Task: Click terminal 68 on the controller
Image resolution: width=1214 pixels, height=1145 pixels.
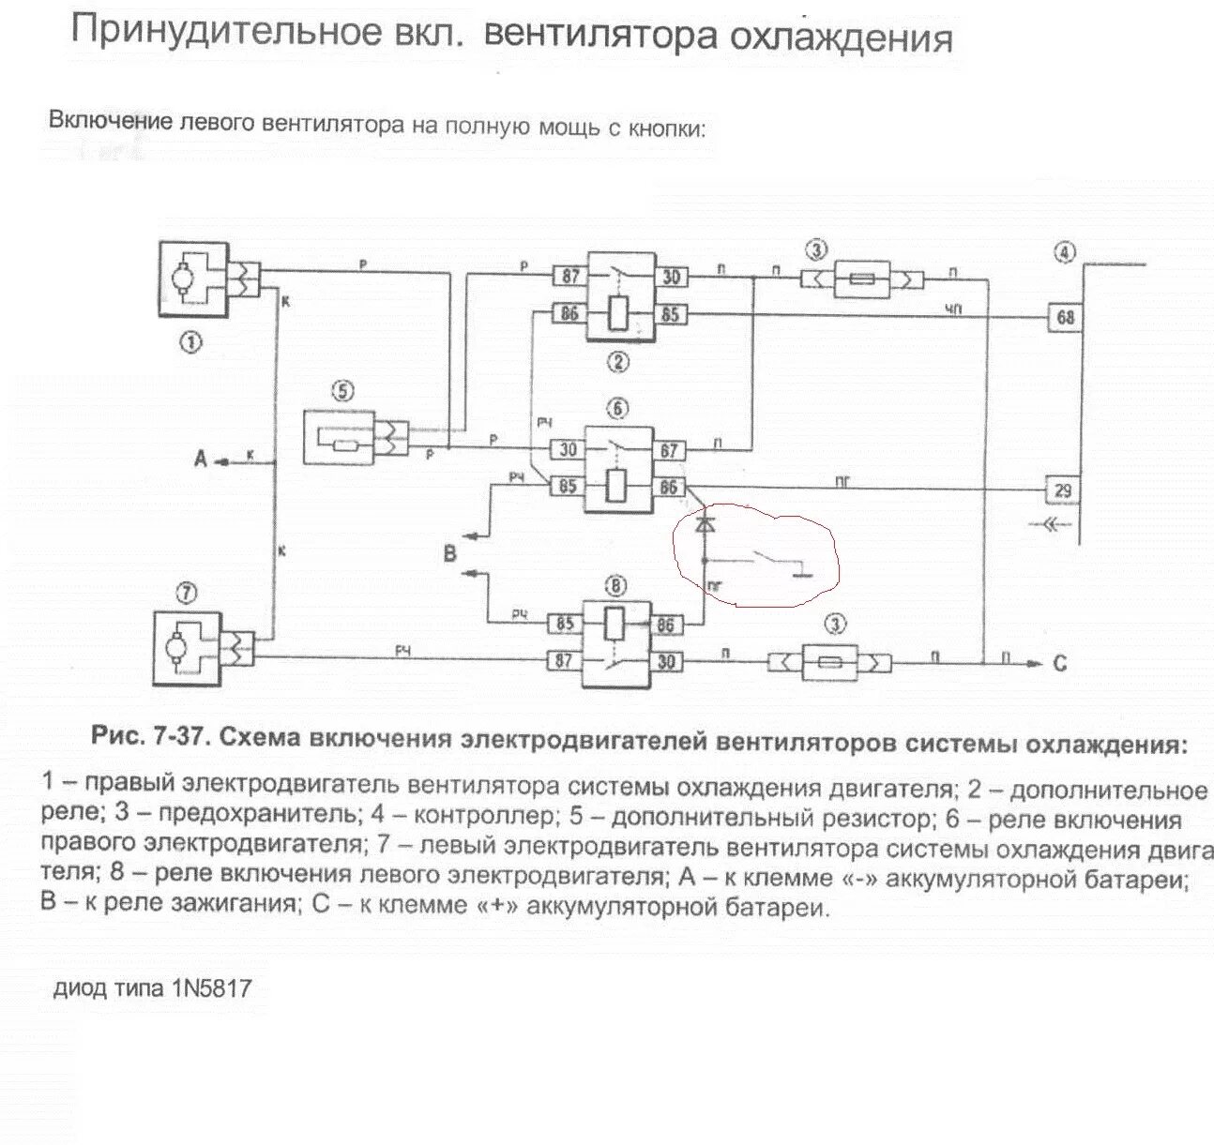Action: click(1065, 317)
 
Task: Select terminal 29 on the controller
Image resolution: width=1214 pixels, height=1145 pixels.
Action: click(1064, 490)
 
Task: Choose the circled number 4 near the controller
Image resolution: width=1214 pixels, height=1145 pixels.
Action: click(1064, 250)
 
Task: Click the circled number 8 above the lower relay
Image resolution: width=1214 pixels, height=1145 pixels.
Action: click(615, 587)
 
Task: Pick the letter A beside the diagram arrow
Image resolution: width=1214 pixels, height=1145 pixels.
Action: click(200, 460)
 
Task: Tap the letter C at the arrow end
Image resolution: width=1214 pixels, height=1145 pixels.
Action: click(1059, 663)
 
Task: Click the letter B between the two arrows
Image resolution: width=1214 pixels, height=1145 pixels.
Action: click(449, 553)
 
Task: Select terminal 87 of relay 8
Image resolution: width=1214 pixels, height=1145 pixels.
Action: click(565, 661)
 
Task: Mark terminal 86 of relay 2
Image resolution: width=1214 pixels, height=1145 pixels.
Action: click(569, 314)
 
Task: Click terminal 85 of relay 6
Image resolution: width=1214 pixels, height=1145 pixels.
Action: click(566, 487)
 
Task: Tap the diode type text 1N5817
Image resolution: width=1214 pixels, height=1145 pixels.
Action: click(211, 988)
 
